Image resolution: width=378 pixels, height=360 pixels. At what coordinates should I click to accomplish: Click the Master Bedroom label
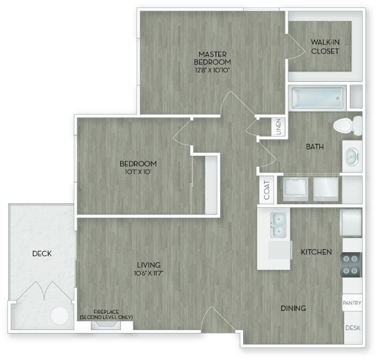pyautogui.click(x=212, y=58)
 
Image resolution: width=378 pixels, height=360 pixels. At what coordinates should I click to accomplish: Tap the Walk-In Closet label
pyautogui.click(x=325, y=46)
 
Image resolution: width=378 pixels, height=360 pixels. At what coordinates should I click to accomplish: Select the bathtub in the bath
pyautogui.click(x=317, y=98)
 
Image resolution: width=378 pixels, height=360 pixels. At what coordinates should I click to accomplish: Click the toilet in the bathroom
pyautogui.click(x=348, y=124)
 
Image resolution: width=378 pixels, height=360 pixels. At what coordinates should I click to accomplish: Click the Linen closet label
pyautogui.click(x=279, y=127)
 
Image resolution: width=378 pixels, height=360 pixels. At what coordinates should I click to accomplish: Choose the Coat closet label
pyautogui.click(x=267, y=190)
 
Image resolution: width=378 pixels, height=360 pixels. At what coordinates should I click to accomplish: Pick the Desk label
pyautogui.click(x=353, y=327)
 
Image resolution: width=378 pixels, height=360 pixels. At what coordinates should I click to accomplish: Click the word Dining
pyautogui.click(x=293, y=308)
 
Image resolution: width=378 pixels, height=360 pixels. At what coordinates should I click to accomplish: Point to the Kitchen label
pyautogui.click(x=316, y=252)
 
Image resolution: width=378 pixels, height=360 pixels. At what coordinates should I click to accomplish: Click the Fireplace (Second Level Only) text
pyautogui.click(x=106, y=315)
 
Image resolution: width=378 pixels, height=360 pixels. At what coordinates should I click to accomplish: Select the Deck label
pyautogui.click(x=42, y=253)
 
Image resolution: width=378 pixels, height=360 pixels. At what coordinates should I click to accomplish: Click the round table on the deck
pyautogui.click(x=59, y=315)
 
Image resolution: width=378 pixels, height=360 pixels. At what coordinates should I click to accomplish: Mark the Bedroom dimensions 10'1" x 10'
pyautogui.click(x=138, y=172)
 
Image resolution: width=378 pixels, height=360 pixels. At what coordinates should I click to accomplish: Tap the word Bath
pyautogui.click(x=315, y=147)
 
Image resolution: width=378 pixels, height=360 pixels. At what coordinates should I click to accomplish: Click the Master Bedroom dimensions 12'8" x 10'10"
pyautogui.click(x=212, y=70)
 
